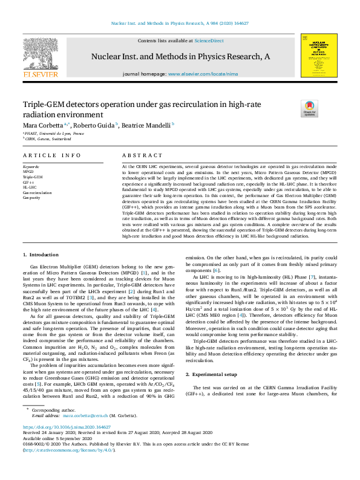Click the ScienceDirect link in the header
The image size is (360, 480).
click(209, 41)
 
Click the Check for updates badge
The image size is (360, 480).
click(292, 108)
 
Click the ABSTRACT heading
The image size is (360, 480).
click(142, 155)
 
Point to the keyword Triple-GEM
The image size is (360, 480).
click(33, 176)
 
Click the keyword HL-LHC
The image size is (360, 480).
click(30, 187)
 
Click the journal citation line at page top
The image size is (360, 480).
click(180, 24)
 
